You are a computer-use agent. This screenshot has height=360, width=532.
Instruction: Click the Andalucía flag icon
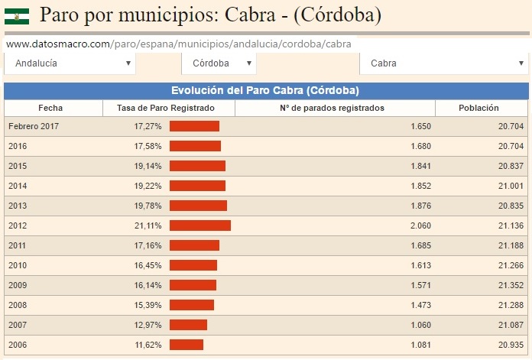point(16,15)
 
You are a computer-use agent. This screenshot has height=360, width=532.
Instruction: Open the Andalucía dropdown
point(70,63)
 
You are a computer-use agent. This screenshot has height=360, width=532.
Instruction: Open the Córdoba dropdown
point(218,63)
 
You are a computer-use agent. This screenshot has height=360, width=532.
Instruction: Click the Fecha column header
point(50,108)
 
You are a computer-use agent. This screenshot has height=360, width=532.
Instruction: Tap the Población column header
point(478,108)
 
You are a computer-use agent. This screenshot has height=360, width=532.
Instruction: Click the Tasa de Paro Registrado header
point(166,108)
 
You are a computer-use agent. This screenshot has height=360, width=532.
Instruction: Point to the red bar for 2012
point(199,225)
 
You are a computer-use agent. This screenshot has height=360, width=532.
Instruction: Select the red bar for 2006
point(187,345)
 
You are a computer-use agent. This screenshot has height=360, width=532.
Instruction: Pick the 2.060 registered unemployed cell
point(420,225)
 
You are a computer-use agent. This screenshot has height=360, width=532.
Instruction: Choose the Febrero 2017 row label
point(34,126)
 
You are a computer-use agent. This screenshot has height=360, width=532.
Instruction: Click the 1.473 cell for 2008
point(420,305)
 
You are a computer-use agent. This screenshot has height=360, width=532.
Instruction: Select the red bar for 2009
point(193,285)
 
